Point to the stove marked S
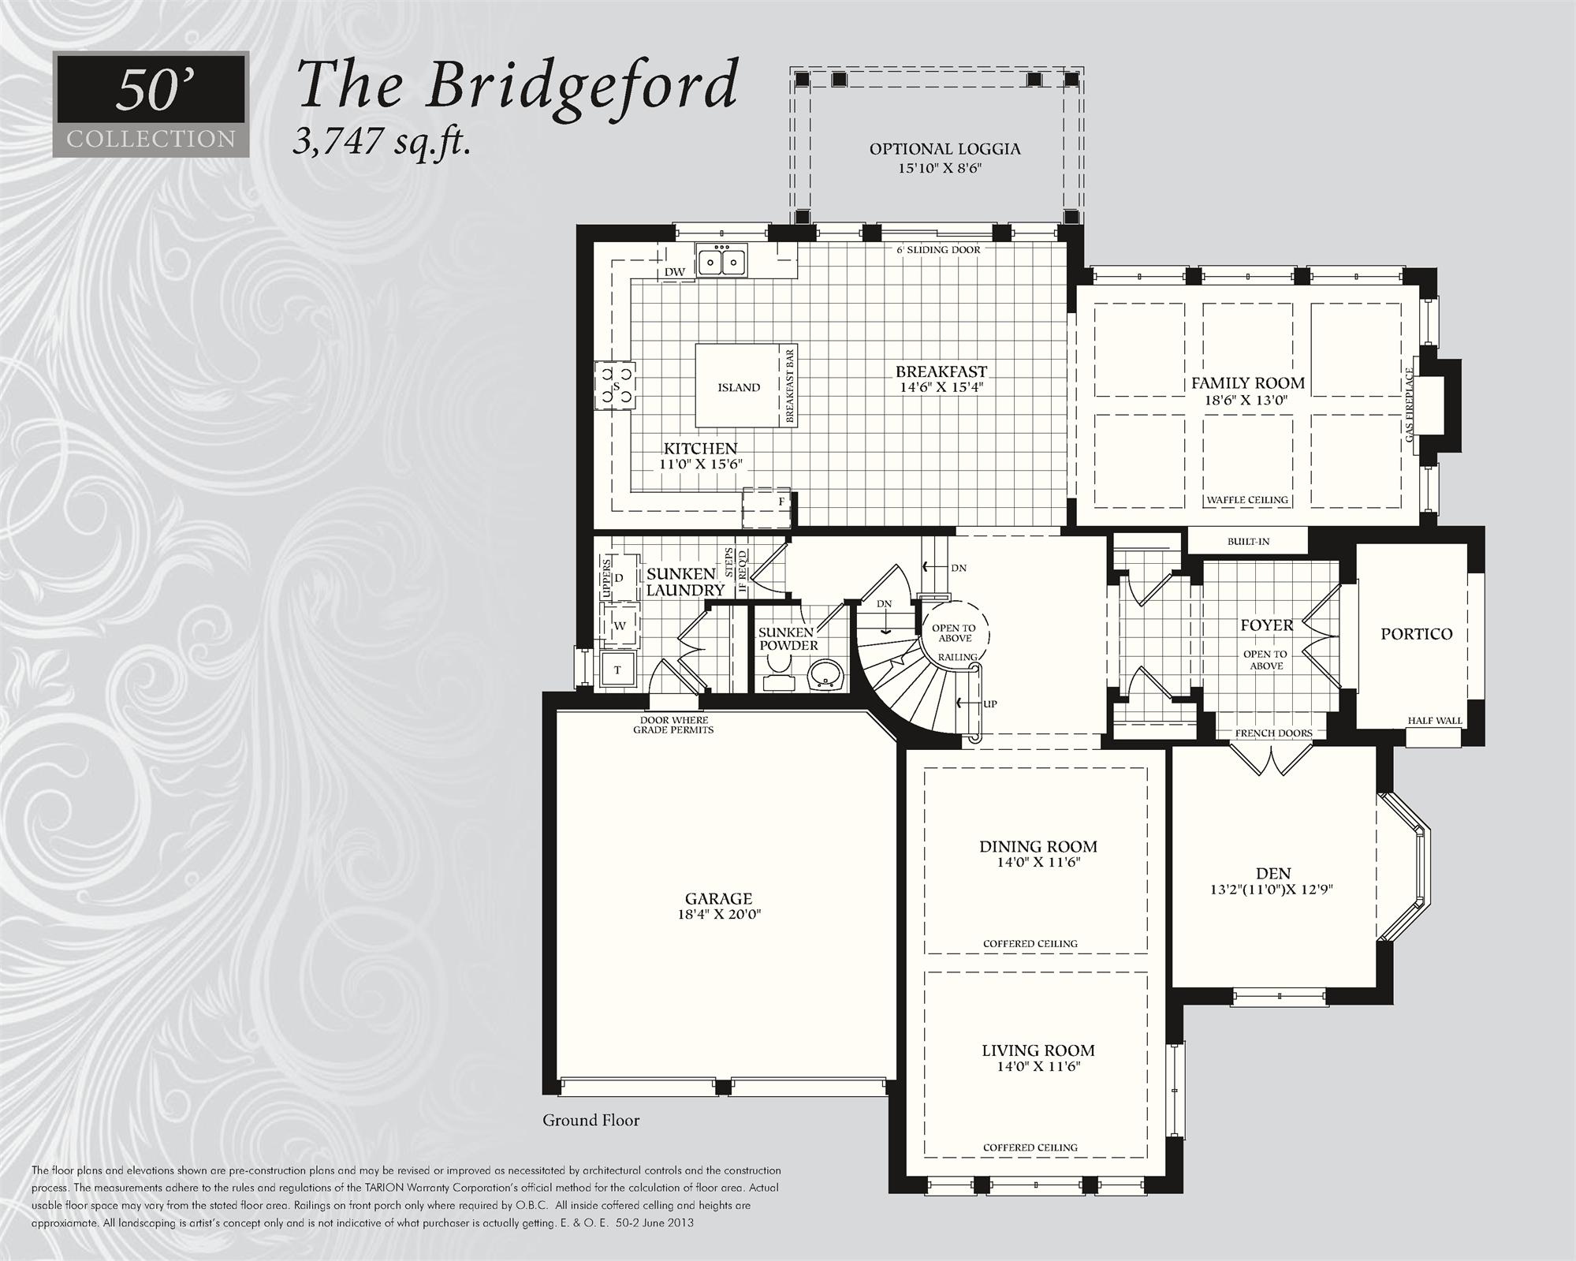click(616, 386)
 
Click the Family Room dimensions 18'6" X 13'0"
click(1247, 401)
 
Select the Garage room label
click(718, 898)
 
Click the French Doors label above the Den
click(1273, 733)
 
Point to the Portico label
click(1416, 634)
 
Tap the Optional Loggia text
click(944, 149)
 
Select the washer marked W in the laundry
click(620, 625)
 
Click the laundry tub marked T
click(618, 670)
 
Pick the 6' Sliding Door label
click(938, 250)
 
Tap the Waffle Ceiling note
click(1247, 500)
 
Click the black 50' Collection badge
click(151, 103)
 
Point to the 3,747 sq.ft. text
click(382, 143)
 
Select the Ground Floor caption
click(591, 1121)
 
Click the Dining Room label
click(1038, 846)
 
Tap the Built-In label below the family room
click(1248, 542)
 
